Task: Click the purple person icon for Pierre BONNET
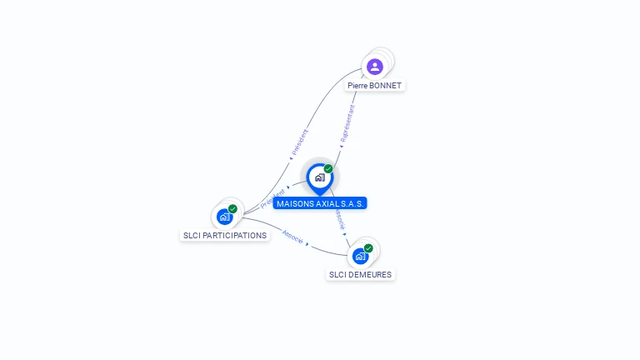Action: pyautogui.click(x=375, y=67)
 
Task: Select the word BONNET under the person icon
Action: pyautogui.click(x=386, y=86)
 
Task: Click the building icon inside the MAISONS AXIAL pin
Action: pyautogui.click(x=319, y=177)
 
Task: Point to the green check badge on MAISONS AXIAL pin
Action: pyautogui.click(x=328, y=169)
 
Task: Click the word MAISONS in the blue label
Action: pyautogui.click(x=294, y=203)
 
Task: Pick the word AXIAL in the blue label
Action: pyautogui.click(x=329, y=203)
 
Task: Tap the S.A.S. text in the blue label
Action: pyautogui.click(x=354, y=203)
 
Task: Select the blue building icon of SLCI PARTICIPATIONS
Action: pyautogui.click(x=224, y=217)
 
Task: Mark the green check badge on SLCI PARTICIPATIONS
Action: pyautogui.click(x=232, y=209)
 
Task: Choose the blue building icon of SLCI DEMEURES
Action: pyautogui.click(x=360, y=256)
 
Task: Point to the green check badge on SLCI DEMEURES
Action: pyautogui.click(x=368, y=248)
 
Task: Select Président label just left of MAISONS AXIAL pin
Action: pyautogui.click(x=272, y=198)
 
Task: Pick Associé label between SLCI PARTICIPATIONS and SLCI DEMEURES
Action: pyautogui.click(x=292, y=237)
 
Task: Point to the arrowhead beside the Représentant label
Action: pyautogui.click(x=342, y=147)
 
